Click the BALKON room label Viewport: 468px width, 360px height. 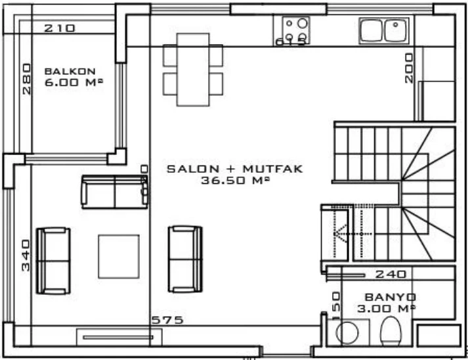click(x=70, y=71)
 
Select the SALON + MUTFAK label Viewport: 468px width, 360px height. click(x=234, y=169)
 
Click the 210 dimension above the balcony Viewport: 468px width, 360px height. click(x=60, y=28)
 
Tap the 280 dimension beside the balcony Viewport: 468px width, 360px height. click(x=26, y=79)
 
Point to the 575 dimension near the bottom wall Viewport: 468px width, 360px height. click(x=167, y=320)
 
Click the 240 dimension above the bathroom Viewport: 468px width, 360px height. click(x=391, y=274)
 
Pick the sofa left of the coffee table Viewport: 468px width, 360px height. click(x=53, y=260)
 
